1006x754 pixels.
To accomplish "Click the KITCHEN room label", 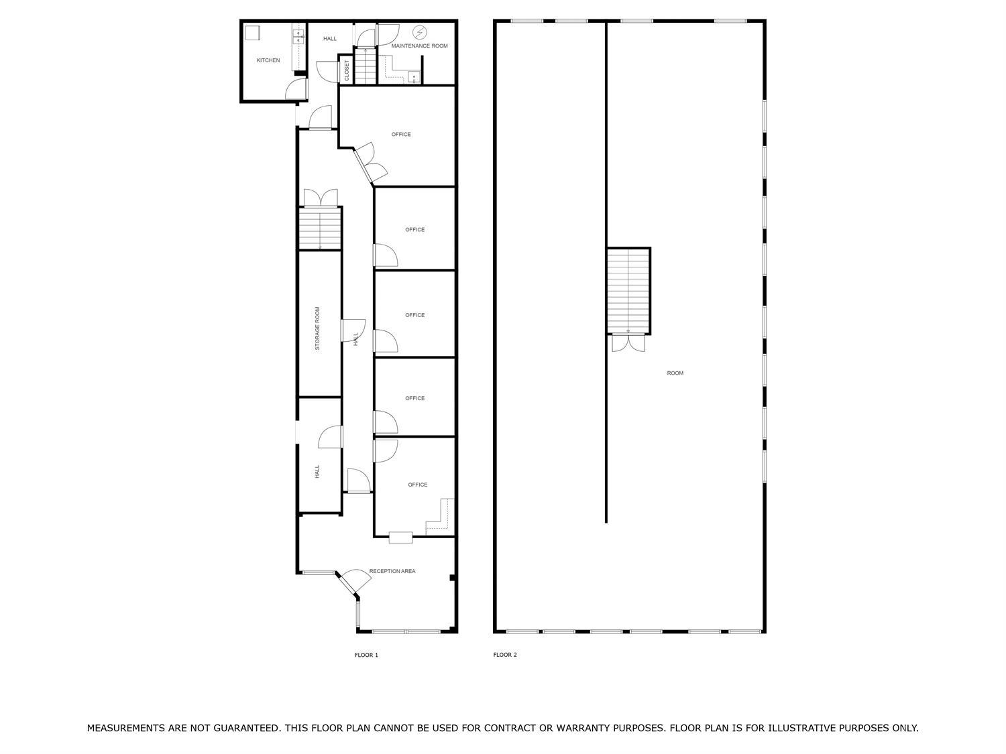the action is [268, 60].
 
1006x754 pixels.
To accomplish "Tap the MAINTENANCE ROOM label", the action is [419, 46].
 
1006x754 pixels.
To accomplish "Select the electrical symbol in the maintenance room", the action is [419, 32].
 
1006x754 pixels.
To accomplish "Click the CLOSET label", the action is [347, 70].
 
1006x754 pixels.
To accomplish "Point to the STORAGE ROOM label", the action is [317, 328].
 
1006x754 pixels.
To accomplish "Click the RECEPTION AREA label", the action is [392, 571].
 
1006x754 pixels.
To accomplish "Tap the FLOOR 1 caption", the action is [366, 655].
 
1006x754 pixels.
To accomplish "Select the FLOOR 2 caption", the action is [504, 655].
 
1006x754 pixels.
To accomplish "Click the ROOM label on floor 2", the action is [675, 373].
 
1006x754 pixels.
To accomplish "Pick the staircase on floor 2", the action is [628, 291].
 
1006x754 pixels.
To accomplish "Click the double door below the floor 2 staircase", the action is [628, 343].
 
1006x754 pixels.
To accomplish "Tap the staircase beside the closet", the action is [366, 66].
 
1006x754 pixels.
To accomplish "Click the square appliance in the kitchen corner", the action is [253, 33].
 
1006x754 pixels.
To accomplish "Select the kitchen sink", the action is [298, 37].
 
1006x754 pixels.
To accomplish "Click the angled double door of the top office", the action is [370, 163].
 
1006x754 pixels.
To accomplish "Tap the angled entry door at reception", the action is [353, 582].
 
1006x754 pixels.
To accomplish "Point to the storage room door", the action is [353, 330].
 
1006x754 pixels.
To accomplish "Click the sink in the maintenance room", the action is [414, 77].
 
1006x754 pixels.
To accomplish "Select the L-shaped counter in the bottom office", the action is [440, 517].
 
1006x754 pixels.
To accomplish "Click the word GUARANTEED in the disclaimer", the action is [248, 728].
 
